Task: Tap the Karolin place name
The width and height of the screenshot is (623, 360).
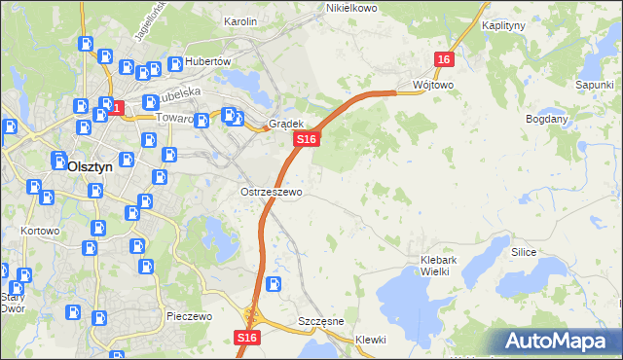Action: tap(239, 20)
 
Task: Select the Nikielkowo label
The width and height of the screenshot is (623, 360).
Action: tap(350, 8)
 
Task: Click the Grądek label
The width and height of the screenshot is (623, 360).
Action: tap(287, 125)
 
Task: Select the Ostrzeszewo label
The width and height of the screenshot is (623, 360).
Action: tap(271, 192)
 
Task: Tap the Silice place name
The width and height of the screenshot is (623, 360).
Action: tap(524, 251)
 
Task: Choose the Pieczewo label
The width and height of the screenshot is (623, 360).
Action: tap(189, 317)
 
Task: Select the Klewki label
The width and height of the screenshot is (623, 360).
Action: tap(371, 340)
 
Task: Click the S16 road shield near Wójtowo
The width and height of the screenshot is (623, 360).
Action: tap(444, 59)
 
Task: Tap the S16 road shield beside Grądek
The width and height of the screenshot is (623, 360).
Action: tap(307, 140)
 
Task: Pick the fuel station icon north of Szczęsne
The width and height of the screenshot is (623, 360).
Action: tap(275, 285)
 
